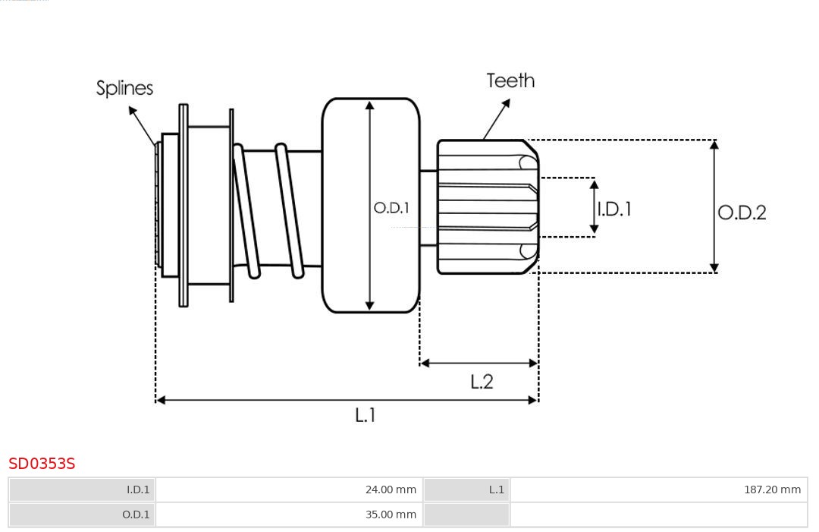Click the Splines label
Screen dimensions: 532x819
tap(124, 88)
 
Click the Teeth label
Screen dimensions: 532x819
tap(510, 80)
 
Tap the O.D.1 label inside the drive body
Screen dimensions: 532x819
tap(391, 207)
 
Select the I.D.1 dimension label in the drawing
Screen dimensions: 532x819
tap(614, 209)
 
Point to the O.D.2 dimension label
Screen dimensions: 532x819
tap(742, 212)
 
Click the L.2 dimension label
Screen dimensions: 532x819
tap(482, 382)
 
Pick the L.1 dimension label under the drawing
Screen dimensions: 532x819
tap(366, 415)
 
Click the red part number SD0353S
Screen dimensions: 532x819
tap(42, 463)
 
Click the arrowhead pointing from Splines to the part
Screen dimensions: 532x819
tap(133, 111)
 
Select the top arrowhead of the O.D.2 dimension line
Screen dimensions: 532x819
tap(714, 145)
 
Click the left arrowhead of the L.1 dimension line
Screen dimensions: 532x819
tap(160, 400)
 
